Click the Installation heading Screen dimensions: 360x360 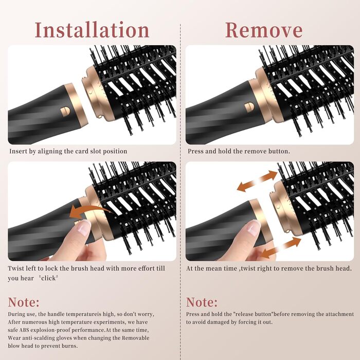pos(92,30)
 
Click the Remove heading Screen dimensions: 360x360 pos(264,30)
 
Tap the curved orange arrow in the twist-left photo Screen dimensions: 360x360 pos(89,212)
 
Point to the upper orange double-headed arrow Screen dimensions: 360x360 pos(257,181)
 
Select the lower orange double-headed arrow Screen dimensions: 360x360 pos(281,248)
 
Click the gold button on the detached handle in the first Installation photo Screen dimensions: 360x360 pos(65,111)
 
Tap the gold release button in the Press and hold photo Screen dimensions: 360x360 pos(249,107)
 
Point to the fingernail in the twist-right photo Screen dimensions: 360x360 pos(253,227)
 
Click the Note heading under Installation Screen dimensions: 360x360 pos(24,302)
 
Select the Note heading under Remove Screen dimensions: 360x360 pos(202,302)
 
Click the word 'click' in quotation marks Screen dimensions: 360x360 pos(48,278)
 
